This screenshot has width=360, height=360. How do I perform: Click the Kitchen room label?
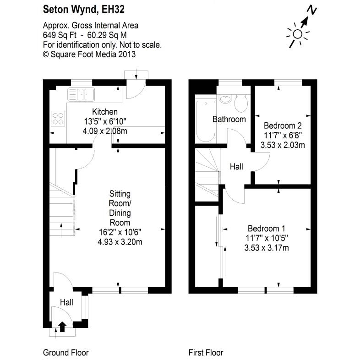click(x=105, y=112)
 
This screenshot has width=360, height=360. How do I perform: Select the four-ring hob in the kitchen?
click(x=59, y=119)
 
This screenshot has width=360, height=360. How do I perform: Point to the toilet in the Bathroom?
click(x=240, y=103)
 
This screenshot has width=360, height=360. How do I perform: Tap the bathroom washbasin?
click(x=224, y=99)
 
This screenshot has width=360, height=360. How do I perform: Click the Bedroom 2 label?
click(x=283, y=125)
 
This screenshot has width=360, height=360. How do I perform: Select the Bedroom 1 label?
click(x=267, y=229)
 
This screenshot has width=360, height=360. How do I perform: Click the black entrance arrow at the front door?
click(x=62, y=327)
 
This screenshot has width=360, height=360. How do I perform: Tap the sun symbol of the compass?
click(x=298, y=33)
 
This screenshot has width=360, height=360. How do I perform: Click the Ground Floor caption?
click(x=65, y=353)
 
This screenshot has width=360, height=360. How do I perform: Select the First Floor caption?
click(x=206, y=353)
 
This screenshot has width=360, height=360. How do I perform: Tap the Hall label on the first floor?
click(x=236, y=167)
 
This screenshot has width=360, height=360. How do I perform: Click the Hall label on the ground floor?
click(x=67, y=302)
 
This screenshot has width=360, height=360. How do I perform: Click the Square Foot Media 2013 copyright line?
click(x=89, y=54)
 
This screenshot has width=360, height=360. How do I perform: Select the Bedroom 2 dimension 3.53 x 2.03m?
click(x=283, y=145)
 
